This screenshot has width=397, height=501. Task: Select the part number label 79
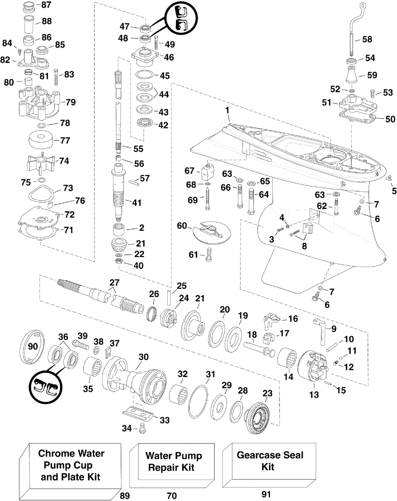coord(71,103)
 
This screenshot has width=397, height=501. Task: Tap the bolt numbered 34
coord(143,428)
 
